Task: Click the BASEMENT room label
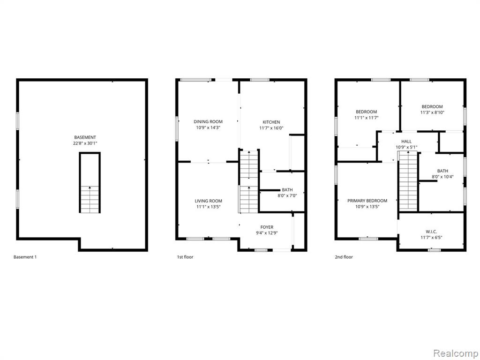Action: [x=85, y=137]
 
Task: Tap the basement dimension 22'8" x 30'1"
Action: [x=85, y=143]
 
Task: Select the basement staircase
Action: [x=90, y=199]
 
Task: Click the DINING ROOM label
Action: [x=208, y=122]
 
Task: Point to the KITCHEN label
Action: [x=271, y=122]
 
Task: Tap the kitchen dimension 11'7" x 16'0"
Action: [x=271, y=128]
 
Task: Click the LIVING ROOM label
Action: [x=209, y=201]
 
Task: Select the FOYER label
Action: [x=267, y=227]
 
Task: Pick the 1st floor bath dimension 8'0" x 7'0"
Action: [x=287, y=195]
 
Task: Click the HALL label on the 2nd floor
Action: [x=406, y=142]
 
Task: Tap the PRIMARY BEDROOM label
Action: [x=367, y=201]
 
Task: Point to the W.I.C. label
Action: [x=431, y=232]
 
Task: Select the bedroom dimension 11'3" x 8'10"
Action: [x=432, y=112]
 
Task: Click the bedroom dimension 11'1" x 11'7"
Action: [x=367, y=118]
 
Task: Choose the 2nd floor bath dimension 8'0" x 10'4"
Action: [x=442, y=177]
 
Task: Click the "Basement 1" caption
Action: [x=25, y=257]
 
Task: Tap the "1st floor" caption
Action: [x=185, y=257]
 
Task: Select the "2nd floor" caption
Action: [x=344, y=257]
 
